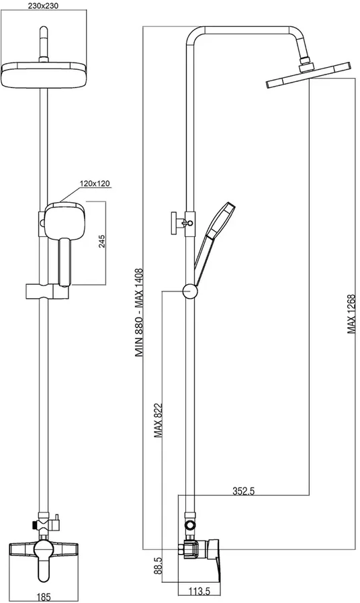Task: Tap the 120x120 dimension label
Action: click(95, 183)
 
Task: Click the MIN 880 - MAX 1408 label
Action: click(139, 313)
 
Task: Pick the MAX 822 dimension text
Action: click(158, 421)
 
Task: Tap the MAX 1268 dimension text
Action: click(351, 314)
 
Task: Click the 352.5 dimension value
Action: click(244, 491)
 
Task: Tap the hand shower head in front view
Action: click(64, 221)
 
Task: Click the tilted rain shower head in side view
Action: click(308, 75)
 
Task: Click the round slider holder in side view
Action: click(190, 291)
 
